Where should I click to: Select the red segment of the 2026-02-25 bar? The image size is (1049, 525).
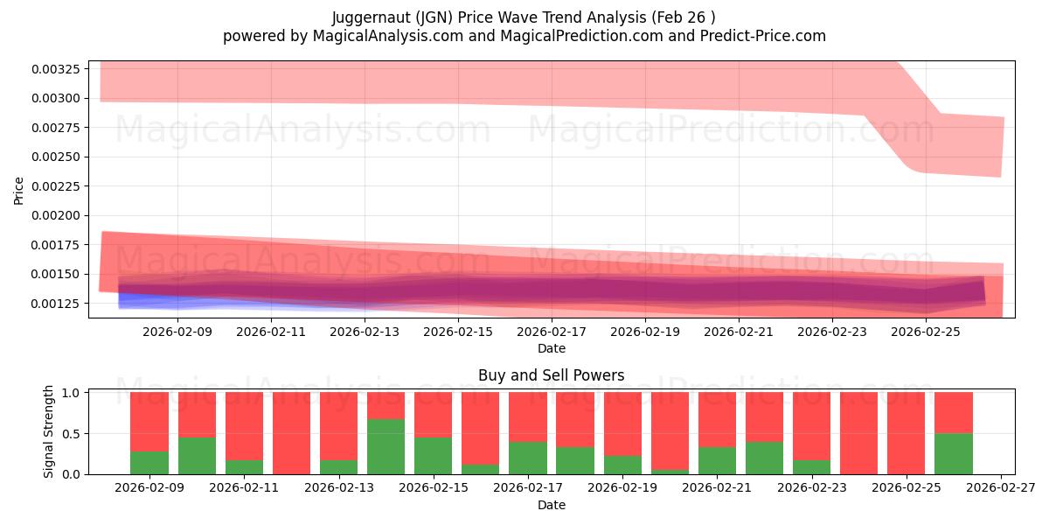click(x=906, y=432)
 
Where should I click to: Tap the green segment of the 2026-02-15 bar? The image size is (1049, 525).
click(x=433, y=456)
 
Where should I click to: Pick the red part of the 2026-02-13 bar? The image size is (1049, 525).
click(x=338, y=425)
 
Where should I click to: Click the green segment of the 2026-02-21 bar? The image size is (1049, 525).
click(x=717, y=460)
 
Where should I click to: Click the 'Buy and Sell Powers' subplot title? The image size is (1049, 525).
click(x=551, y=375)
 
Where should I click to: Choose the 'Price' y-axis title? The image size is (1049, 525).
click(x=18, y=190)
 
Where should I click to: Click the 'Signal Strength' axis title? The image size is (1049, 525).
click(x=49, y=431)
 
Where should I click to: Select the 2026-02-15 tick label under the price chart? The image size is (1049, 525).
click(x=458, y=332)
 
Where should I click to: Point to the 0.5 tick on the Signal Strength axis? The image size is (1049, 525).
click(x=75, y=433)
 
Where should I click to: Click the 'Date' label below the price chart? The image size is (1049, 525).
click(x=551, y=348)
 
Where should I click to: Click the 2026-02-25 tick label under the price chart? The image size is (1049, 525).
click(x=927, y=332)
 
